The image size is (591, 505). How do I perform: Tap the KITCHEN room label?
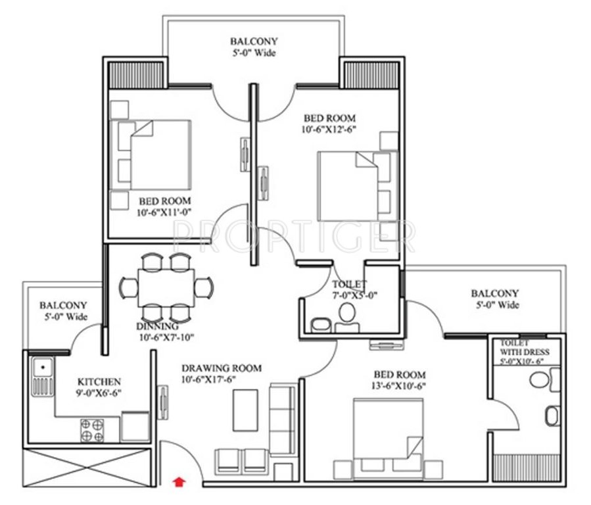(99, 381)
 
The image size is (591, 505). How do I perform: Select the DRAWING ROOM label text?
(222, 368)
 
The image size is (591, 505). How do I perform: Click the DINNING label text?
(157, 326)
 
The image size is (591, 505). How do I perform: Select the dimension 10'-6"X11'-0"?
(164, 212)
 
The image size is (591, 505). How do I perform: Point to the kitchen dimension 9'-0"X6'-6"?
(99, 393)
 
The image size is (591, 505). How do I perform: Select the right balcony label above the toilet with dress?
(494, 293)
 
